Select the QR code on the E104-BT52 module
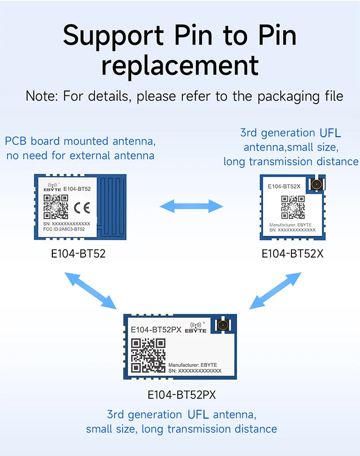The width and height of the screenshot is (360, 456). coord(53,207)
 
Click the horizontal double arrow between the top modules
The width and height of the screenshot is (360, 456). coord(191,207)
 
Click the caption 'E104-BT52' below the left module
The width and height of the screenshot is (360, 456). coord(78,253)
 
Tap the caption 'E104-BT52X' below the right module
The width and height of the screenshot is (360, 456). coord(292,253)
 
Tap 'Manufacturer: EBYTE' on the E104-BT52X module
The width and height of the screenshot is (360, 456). coord(290,225)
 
